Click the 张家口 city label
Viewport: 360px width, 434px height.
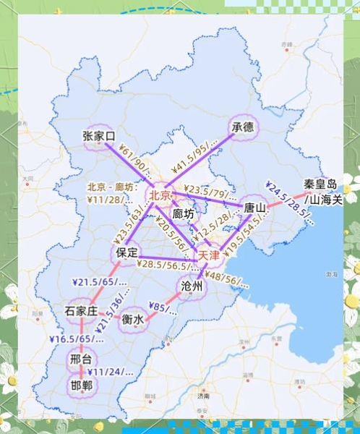[100, 136]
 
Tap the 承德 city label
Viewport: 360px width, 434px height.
[244, 127]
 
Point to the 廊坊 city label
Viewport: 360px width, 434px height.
[184, 214]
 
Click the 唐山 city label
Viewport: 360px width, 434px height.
[255, 208]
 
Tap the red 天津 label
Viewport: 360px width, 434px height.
[209, 255]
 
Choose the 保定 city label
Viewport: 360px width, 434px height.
[124, 254]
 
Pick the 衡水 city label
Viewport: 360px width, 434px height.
[132, 318]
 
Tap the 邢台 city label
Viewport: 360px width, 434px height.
[81, 359]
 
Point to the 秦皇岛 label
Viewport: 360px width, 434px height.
[320, 184]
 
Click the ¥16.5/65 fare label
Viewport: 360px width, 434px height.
[72, 339]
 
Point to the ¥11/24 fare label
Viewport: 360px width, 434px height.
[111, 372]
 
